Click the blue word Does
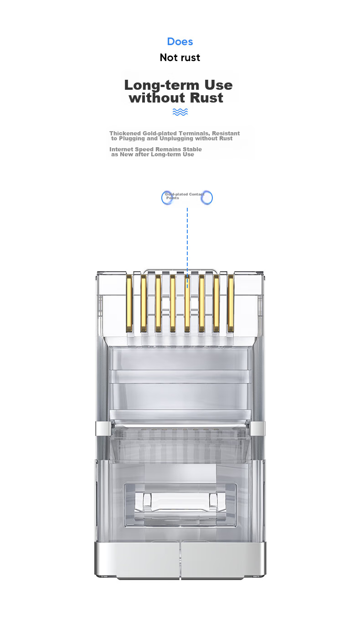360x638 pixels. coord(180,41)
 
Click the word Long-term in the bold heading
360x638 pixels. coord(161,85)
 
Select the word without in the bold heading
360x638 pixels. coord(157,98)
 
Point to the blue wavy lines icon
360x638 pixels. coord(180,112)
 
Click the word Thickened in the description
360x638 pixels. coord(125,133)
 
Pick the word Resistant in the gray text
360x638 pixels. coord(226,133)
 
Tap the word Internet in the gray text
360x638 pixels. coord(121,149)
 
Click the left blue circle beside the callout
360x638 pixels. coord(167,198)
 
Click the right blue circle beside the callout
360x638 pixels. coord(207,198)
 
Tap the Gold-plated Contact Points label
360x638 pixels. coord(185,196)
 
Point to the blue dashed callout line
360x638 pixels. coord(187,248)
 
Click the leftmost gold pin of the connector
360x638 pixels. coord(129,304)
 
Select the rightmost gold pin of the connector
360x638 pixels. coord(231,304)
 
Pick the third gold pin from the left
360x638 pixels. coord(158,304)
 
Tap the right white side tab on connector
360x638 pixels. coord(257,429)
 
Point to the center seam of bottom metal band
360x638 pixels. coord(180,560)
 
